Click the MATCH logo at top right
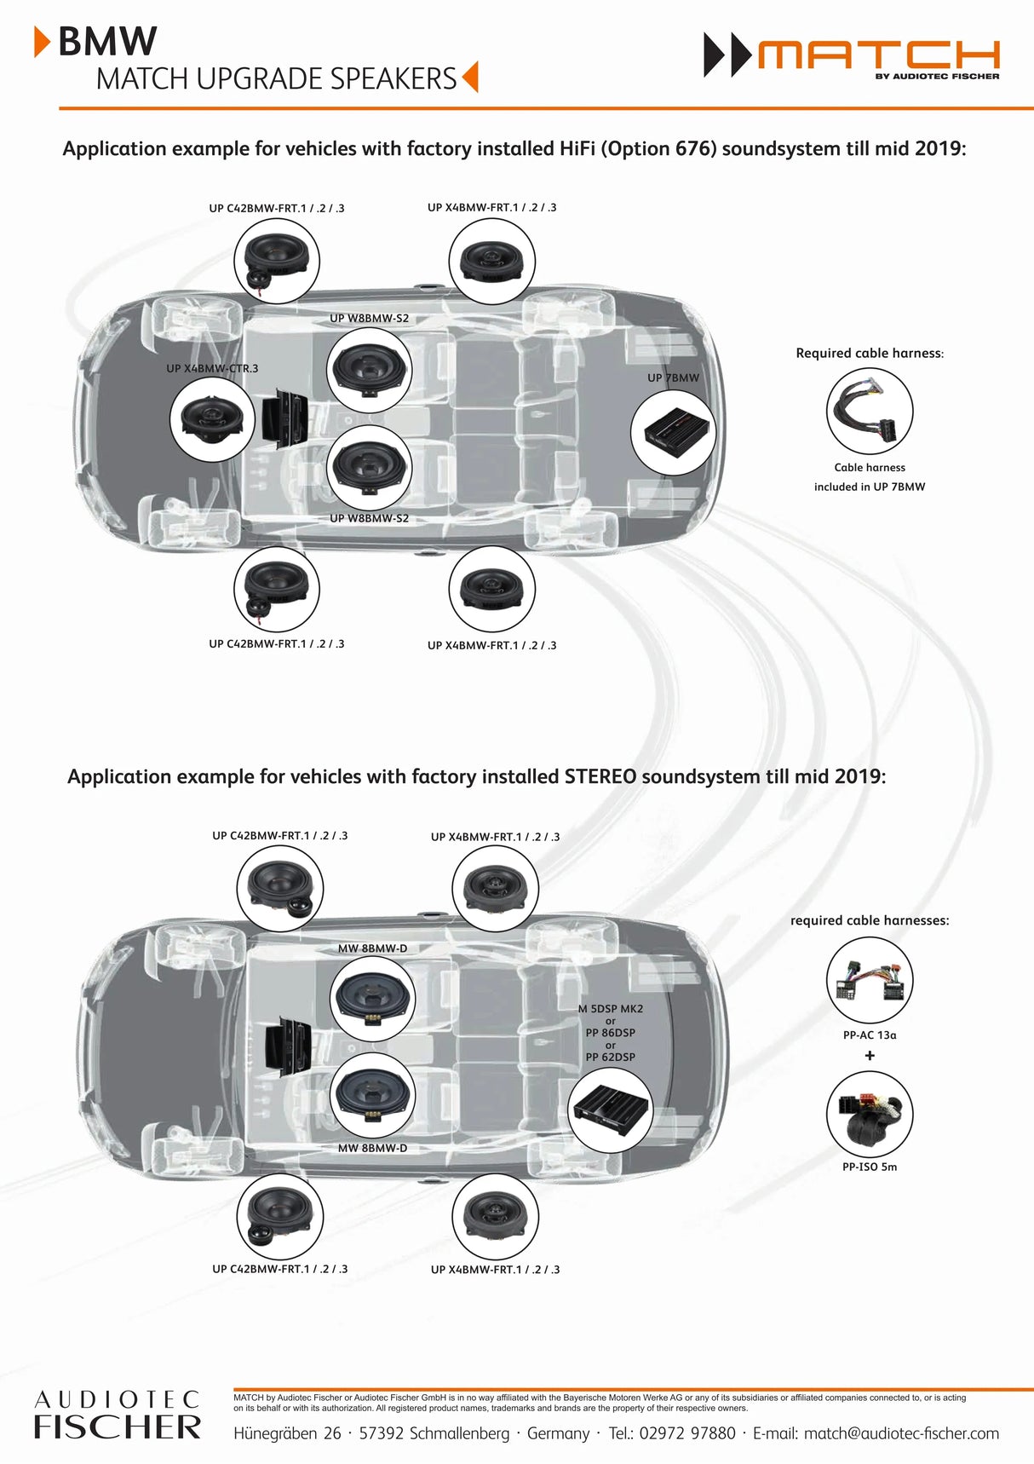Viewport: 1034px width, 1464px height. [852, 56]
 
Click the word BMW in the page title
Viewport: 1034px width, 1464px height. [107, 41]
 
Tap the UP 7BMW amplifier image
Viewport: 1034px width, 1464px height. [673, 432]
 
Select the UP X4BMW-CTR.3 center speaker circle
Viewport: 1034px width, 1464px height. [212, 418]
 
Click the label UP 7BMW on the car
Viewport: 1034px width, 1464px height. [673, 378]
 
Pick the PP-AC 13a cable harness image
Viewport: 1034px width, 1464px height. [869, 980]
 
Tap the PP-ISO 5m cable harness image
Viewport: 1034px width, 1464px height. [869, 1114]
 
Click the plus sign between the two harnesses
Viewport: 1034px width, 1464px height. [870, 1056]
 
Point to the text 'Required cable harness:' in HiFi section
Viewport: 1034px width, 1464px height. [870, 353]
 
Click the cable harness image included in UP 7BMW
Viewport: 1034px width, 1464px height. [869, 412]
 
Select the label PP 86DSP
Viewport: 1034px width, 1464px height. [610, 1033]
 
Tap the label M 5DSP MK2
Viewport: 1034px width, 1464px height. [610, 1009]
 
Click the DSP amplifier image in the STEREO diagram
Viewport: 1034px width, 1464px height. [610, 1106]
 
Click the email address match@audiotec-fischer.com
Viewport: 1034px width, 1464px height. [901, 1434]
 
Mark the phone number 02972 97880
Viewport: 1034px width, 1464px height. [687, 1434]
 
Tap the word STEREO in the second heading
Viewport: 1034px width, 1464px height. [600, 777]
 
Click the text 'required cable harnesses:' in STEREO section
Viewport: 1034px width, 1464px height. [870, 920]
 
